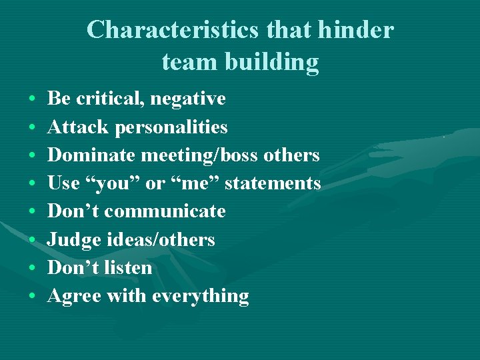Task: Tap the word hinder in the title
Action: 357,30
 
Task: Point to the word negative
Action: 188,99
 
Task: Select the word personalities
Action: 171,127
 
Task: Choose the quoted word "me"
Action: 195,183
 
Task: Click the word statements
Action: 273,183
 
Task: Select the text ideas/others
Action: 161,239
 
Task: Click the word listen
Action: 128,267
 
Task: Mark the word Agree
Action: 73,296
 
